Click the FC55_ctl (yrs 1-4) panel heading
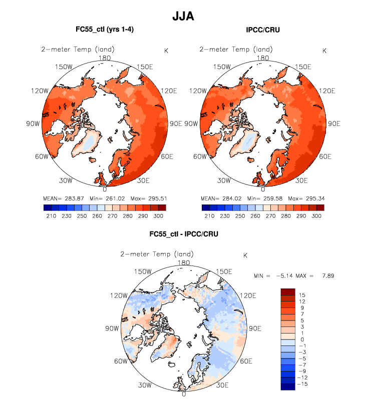point(104,30)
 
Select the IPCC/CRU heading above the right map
point(262,30)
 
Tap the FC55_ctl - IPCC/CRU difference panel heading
point(184,234)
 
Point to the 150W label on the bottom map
point(143,271)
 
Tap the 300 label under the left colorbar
point(158,216)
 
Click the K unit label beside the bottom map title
point(245,255)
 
